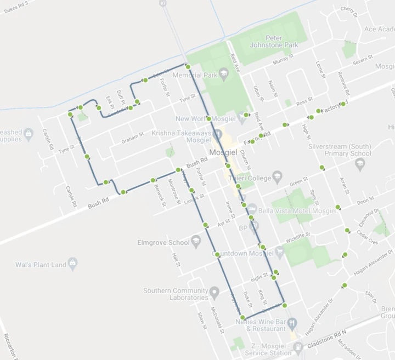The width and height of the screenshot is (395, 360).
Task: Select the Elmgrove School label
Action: (x=164, y=242)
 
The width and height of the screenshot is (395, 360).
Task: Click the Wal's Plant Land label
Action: (x=41, y=265)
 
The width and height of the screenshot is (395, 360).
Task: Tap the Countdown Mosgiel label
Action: (x=245, y=254)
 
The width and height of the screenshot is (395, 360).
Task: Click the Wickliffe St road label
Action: (x=298, y=236)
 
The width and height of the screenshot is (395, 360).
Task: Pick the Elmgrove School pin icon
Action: (x=196, y=242)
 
